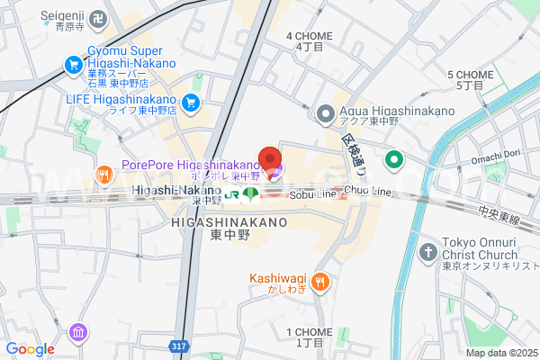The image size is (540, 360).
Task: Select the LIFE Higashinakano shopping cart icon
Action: (190, 103)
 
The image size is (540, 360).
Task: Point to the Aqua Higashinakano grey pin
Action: (325, 112)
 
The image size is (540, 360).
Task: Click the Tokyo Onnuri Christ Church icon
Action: (429, 249)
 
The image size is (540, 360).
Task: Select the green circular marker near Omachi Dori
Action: (343, 161)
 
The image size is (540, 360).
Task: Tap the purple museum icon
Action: (78, 332)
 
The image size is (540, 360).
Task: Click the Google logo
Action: (31, 349)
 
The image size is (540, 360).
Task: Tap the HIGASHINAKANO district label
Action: (229, 221)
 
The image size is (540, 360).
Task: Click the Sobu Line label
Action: (313, 193)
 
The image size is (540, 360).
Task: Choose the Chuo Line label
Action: (370, 192)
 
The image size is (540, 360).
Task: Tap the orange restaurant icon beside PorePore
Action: (104, 175)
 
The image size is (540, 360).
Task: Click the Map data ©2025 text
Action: (500, 352)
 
